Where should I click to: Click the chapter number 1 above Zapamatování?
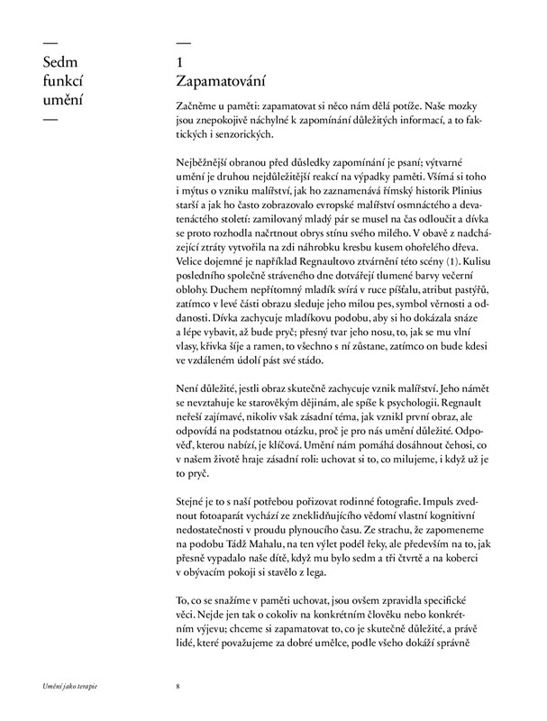point(182,62)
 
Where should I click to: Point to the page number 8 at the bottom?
point(179,687)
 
